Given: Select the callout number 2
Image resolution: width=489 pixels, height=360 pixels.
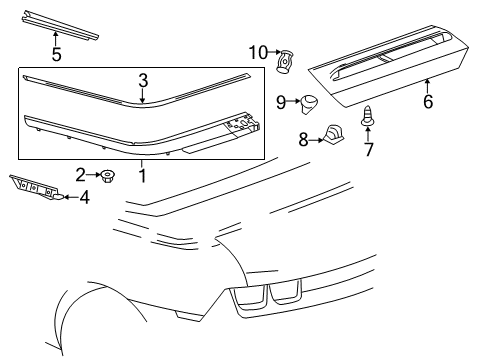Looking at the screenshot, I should pyautogui.click(x=79, y=175).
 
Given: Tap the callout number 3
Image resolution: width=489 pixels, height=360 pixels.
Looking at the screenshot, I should pyautogui.click(x=143, y=80).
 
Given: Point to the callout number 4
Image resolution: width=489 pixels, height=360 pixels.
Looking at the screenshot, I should pyautogui.click(x=84, y=198).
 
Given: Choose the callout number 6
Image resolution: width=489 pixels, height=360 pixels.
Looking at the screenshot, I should pyautogui.click(x=428, y=101).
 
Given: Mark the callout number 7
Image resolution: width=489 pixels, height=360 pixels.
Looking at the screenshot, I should pyautogui.click(x=367, y=149).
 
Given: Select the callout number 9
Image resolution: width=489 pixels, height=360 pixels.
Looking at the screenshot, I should pyautogui.click(x=281, y=101).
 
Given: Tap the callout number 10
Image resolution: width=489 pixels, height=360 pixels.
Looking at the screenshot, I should pyautogui.click(x=257, y=52).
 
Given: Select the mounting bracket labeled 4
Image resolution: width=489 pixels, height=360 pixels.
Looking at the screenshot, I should pyautogui.click(x=36, y=187).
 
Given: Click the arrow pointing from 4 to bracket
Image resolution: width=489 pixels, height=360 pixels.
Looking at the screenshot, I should pyautogui.click(x=66, y=198).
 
